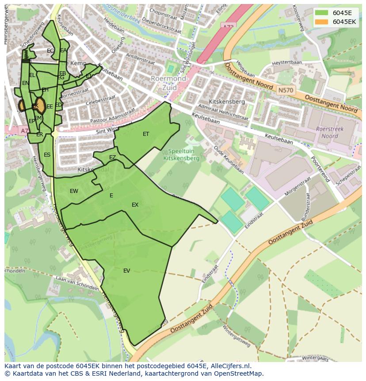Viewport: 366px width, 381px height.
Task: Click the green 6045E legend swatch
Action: coord(321,13)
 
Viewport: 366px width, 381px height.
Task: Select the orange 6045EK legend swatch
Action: coord(321,22)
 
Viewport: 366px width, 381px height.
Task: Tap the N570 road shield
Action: coord(285,90)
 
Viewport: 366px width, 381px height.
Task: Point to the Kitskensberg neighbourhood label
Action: coord(227,102)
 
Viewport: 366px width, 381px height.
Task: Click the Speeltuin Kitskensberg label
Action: coord(181,154)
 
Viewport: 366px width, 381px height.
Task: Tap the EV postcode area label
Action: coord(127,271)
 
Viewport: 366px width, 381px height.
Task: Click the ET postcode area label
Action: coord(146,134)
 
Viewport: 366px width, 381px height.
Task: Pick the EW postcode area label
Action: coord(74,191)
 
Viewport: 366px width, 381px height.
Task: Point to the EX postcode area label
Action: coord(135,205)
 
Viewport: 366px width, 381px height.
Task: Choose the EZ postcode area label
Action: coord(112,158)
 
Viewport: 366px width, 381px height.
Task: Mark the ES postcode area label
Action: coord(47,155)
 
